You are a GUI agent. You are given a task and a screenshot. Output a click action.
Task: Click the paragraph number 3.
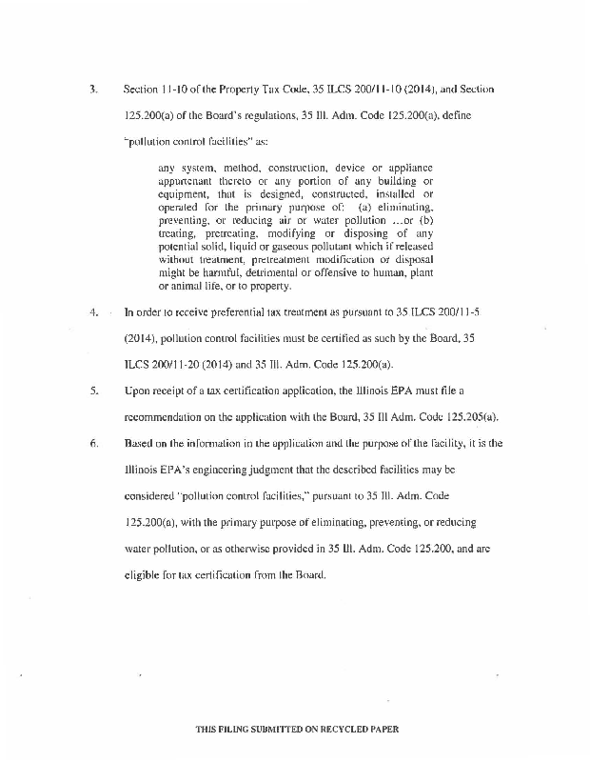pos(93,89)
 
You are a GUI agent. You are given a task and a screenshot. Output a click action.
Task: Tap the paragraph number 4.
pos(93,311)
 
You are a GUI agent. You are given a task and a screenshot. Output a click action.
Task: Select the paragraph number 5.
pos(93,391)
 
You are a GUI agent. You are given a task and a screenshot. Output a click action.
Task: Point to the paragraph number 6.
pos(93,443)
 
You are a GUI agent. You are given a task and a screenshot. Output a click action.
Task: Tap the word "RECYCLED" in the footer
pos(343,729)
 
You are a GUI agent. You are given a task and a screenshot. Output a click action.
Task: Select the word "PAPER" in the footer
pos(385,729)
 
